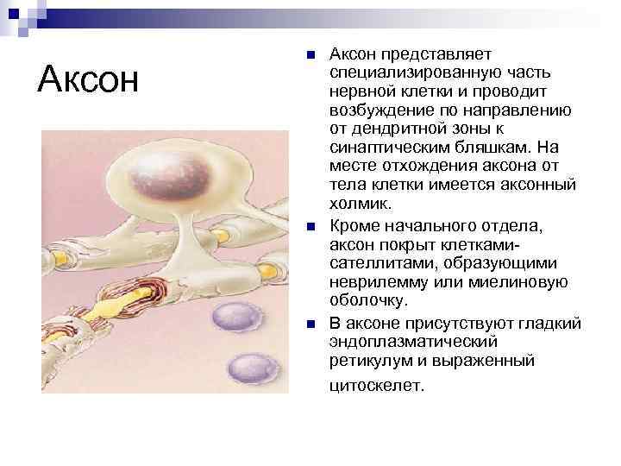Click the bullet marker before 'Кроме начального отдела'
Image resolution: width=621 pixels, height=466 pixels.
tap(311, 225)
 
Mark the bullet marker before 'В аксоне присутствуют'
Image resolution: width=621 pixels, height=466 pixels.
tap(311, 324)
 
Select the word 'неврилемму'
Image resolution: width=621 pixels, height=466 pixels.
tap(373, 281)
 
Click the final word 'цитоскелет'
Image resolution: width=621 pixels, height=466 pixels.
tap(376, 385)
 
